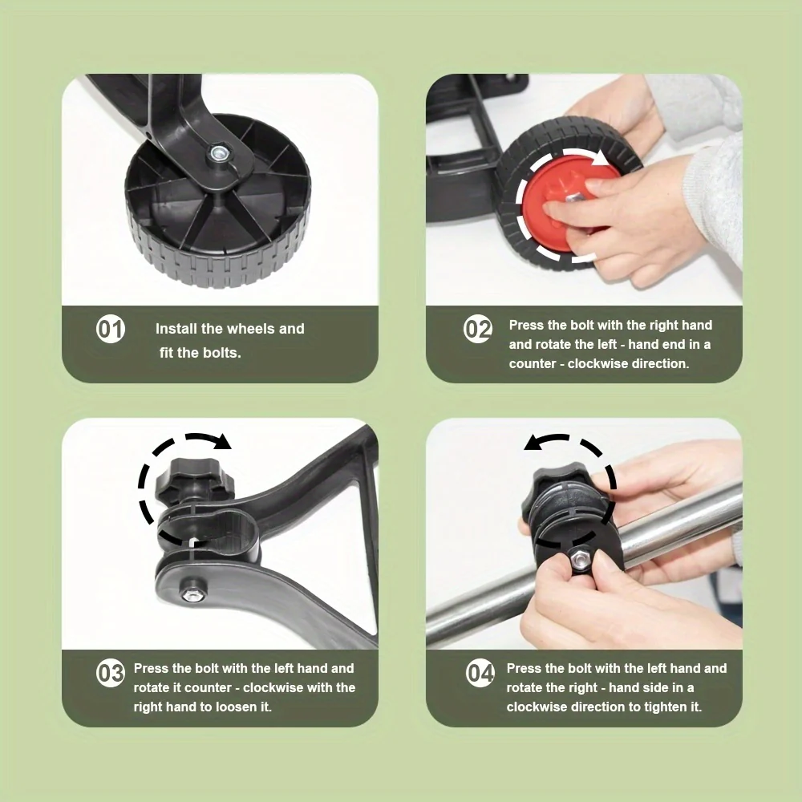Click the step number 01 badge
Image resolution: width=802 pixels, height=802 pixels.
pyautogui.click(x=111, y=330)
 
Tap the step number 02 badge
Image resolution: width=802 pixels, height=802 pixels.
pyautogui.click(x=478, y=330)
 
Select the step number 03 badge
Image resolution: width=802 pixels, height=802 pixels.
pyautogui.click(x=111, y=673)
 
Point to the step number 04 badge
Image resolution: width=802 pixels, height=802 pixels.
pyautogui.click(x=480, y=673)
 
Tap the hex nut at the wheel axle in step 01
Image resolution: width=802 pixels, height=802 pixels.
pyautogui.click(x=218, y=151)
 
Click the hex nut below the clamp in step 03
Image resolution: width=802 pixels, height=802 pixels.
pyautogui.click(x=191, y=593)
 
